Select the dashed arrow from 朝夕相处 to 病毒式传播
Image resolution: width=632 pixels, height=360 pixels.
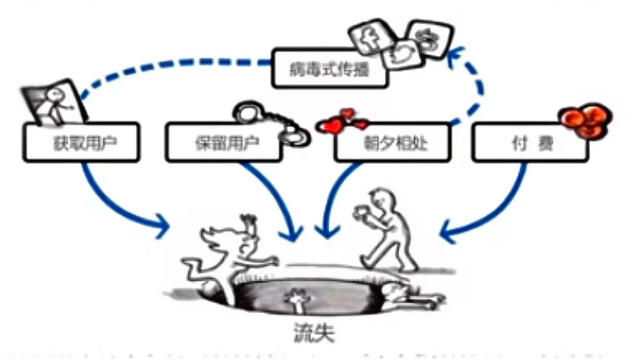point(474,91)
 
